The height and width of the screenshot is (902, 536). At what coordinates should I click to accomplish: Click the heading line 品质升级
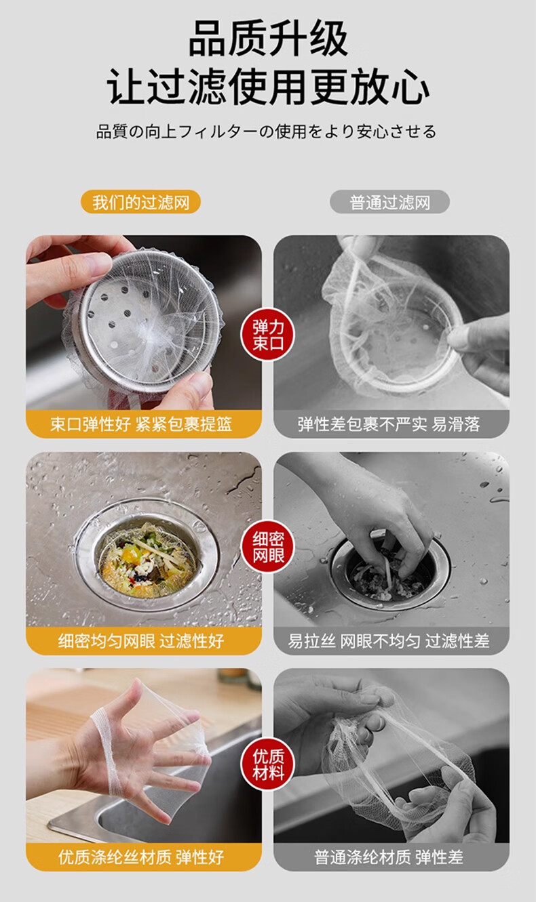(268, 38)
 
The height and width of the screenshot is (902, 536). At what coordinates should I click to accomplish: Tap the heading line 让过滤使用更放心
(268, 86)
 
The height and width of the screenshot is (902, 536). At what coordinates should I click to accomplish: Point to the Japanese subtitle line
(267, 131)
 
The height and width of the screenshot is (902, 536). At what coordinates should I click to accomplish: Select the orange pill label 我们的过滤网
(140, 202)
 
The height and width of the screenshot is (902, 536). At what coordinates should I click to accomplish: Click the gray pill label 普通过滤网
(389, 202)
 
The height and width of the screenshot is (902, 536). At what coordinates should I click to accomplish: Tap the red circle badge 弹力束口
(267, 334)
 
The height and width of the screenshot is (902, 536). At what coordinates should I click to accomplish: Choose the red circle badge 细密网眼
(267, 547)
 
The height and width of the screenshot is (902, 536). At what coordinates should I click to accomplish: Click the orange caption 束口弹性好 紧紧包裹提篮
(141, 424)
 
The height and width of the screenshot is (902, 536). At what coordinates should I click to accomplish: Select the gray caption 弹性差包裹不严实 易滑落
(389, 424)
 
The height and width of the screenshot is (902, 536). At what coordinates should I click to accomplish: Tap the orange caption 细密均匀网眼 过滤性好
(141, 640)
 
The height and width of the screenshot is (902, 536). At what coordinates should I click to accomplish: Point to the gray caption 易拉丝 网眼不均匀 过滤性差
(389, 640)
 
